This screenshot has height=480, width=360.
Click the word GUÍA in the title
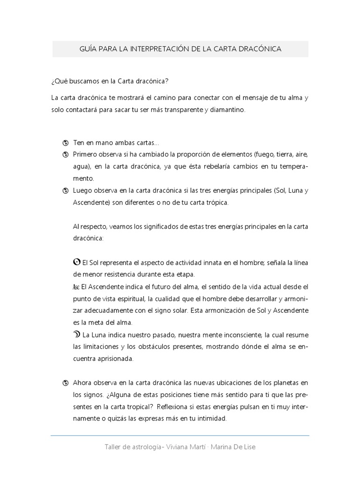(x=90, y=49)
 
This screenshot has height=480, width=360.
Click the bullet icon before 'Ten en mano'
(x=66, y=143)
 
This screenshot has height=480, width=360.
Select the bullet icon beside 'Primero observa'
(x=66, y=155)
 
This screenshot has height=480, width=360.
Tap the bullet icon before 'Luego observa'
(x=66, y=191)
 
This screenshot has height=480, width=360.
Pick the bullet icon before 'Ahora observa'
(x=66, y=383)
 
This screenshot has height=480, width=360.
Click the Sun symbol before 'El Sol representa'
(x=77, y=262)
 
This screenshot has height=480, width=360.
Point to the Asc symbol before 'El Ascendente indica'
(x=76, y=287)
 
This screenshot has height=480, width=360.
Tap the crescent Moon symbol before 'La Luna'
(x=77, y=335)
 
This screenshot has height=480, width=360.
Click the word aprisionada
(x=113, y=359)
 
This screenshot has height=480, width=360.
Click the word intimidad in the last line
(x=212, y=419)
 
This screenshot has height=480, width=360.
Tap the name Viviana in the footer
(x=179, y=447)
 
